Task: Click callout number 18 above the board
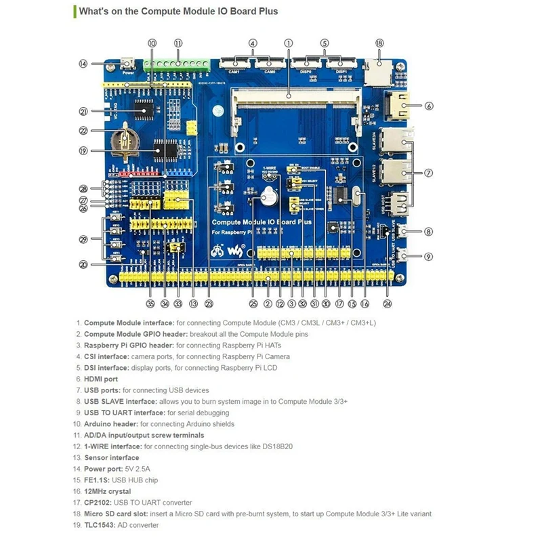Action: [379, 43]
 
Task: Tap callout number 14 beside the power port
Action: [83, 64]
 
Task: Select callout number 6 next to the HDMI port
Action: [429, 106]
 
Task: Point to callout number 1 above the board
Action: [288, 43]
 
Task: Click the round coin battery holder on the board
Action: [127, 140]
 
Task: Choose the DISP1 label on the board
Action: [339, 70]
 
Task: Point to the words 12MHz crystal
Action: [108, 491]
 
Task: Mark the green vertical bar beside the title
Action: [74, 11]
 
